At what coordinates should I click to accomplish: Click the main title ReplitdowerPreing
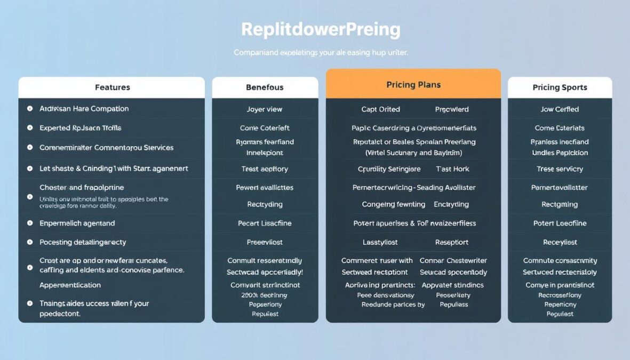pos(321,29)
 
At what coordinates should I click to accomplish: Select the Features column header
pos(112,87)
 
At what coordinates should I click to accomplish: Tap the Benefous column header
pos(265,87)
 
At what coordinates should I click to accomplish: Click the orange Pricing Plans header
pos(413,85)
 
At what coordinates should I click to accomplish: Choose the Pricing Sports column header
pos(560,87)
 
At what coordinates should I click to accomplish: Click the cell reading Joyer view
pos(265,109)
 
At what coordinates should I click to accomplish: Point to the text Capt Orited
pos(380,109)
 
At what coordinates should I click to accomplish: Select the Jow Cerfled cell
pos(560,109)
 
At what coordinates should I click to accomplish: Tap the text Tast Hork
pos(452,169)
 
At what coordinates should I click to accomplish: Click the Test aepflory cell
pos(265,169)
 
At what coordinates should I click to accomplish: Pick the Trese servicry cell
pos(560,169)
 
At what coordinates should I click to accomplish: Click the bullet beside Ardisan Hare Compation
pos(30,109)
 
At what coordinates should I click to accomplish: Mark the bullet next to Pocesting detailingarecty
pos(30,242)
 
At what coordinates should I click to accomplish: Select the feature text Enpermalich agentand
pos(77,223)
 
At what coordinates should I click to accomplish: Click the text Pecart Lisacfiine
pos(265,223)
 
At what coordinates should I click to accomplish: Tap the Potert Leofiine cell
pos(560,223)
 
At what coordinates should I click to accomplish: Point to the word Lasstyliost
pos(380,242)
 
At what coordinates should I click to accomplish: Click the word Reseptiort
pos(452,242)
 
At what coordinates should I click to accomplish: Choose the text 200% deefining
pos(265,295)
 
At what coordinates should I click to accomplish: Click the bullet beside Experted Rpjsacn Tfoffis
pos(30,128)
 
